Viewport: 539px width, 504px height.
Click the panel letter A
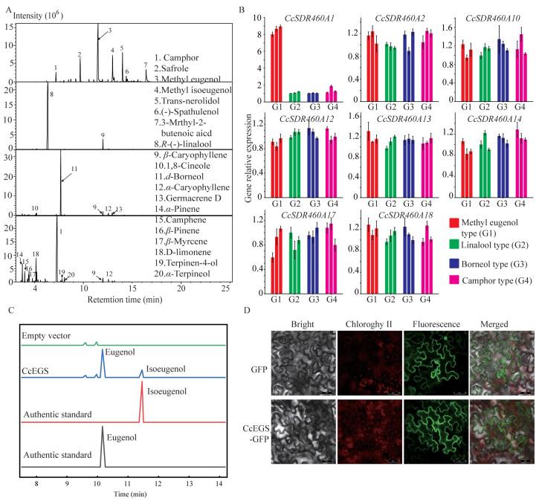[x=6, y=7]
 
